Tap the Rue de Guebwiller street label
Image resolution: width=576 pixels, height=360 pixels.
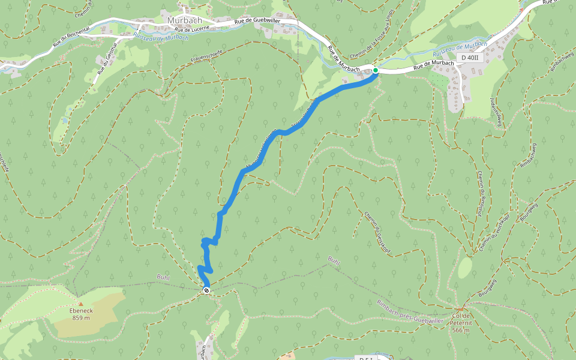(x=257, y=21)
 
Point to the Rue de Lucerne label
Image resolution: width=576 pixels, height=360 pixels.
(x=193, y=28)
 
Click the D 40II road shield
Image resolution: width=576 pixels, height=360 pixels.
(x=470, y=58)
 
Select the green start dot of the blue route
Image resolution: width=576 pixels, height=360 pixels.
(x=376, y=70)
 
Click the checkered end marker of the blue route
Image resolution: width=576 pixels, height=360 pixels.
(x=206, y=290)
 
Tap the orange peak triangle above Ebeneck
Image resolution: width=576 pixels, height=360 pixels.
(x=80, y=304)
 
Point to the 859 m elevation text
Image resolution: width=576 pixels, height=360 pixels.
(x=80, y=317)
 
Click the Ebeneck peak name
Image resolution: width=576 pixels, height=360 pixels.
(x=80, y=310)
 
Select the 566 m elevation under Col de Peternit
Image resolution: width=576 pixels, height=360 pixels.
(x=461, y=330)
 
